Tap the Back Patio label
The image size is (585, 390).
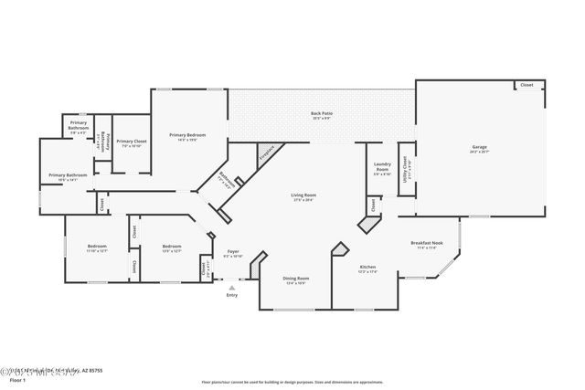pos(322,114)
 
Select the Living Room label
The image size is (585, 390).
pos(303,195)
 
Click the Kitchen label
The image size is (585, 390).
pos(367,268)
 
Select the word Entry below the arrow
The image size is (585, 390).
pos(231,295)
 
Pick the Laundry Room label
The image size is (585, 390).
pos(382,167)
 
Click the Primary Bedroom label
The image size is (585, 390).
pos(186,135)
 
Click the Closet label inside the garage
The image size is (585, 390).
pos(526,85)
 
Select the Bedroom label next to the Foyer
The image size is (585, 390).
pos(172,246)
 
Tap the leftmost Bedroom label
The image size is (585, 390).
pos(97,246)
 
